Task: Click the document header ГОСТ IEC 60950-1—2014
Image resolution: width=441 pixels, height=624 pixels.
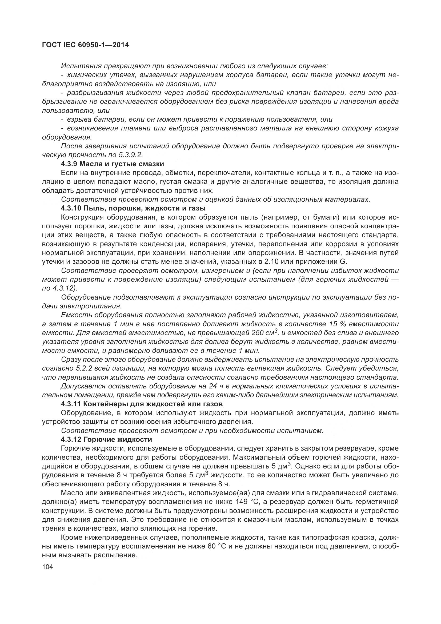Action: point(85,45)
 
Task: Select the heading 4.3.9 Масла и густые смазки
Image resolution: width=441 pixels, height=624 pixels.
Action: point(113,164)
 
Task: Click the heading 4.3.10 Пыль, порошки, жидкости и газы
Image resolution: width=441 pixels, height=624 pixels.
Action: point(133,208)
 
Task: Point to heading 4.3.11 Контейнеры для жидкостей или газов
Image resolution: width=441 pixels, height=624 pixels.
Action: point(142,404)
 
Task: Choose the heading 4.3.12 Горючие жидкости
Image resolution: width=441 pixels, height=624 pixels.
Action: point(106,439)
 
